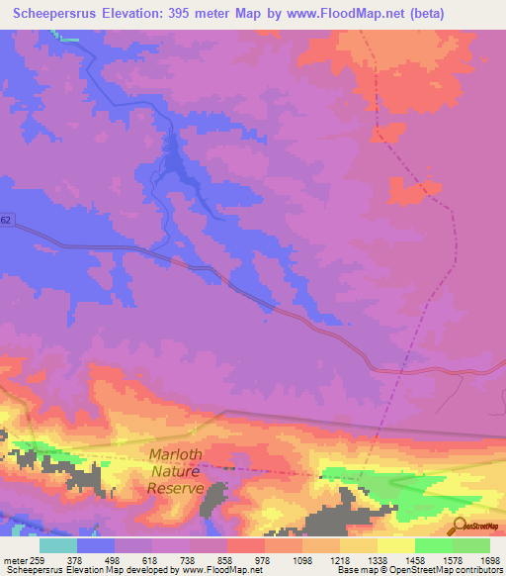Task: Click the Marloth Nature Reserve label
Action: click(176, 471)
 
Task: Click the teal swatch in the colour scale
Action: click(58, 545)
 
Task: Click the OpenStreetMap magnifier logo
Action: click(459, 527)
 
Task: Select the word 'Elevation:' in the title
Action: click(133, 14)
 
